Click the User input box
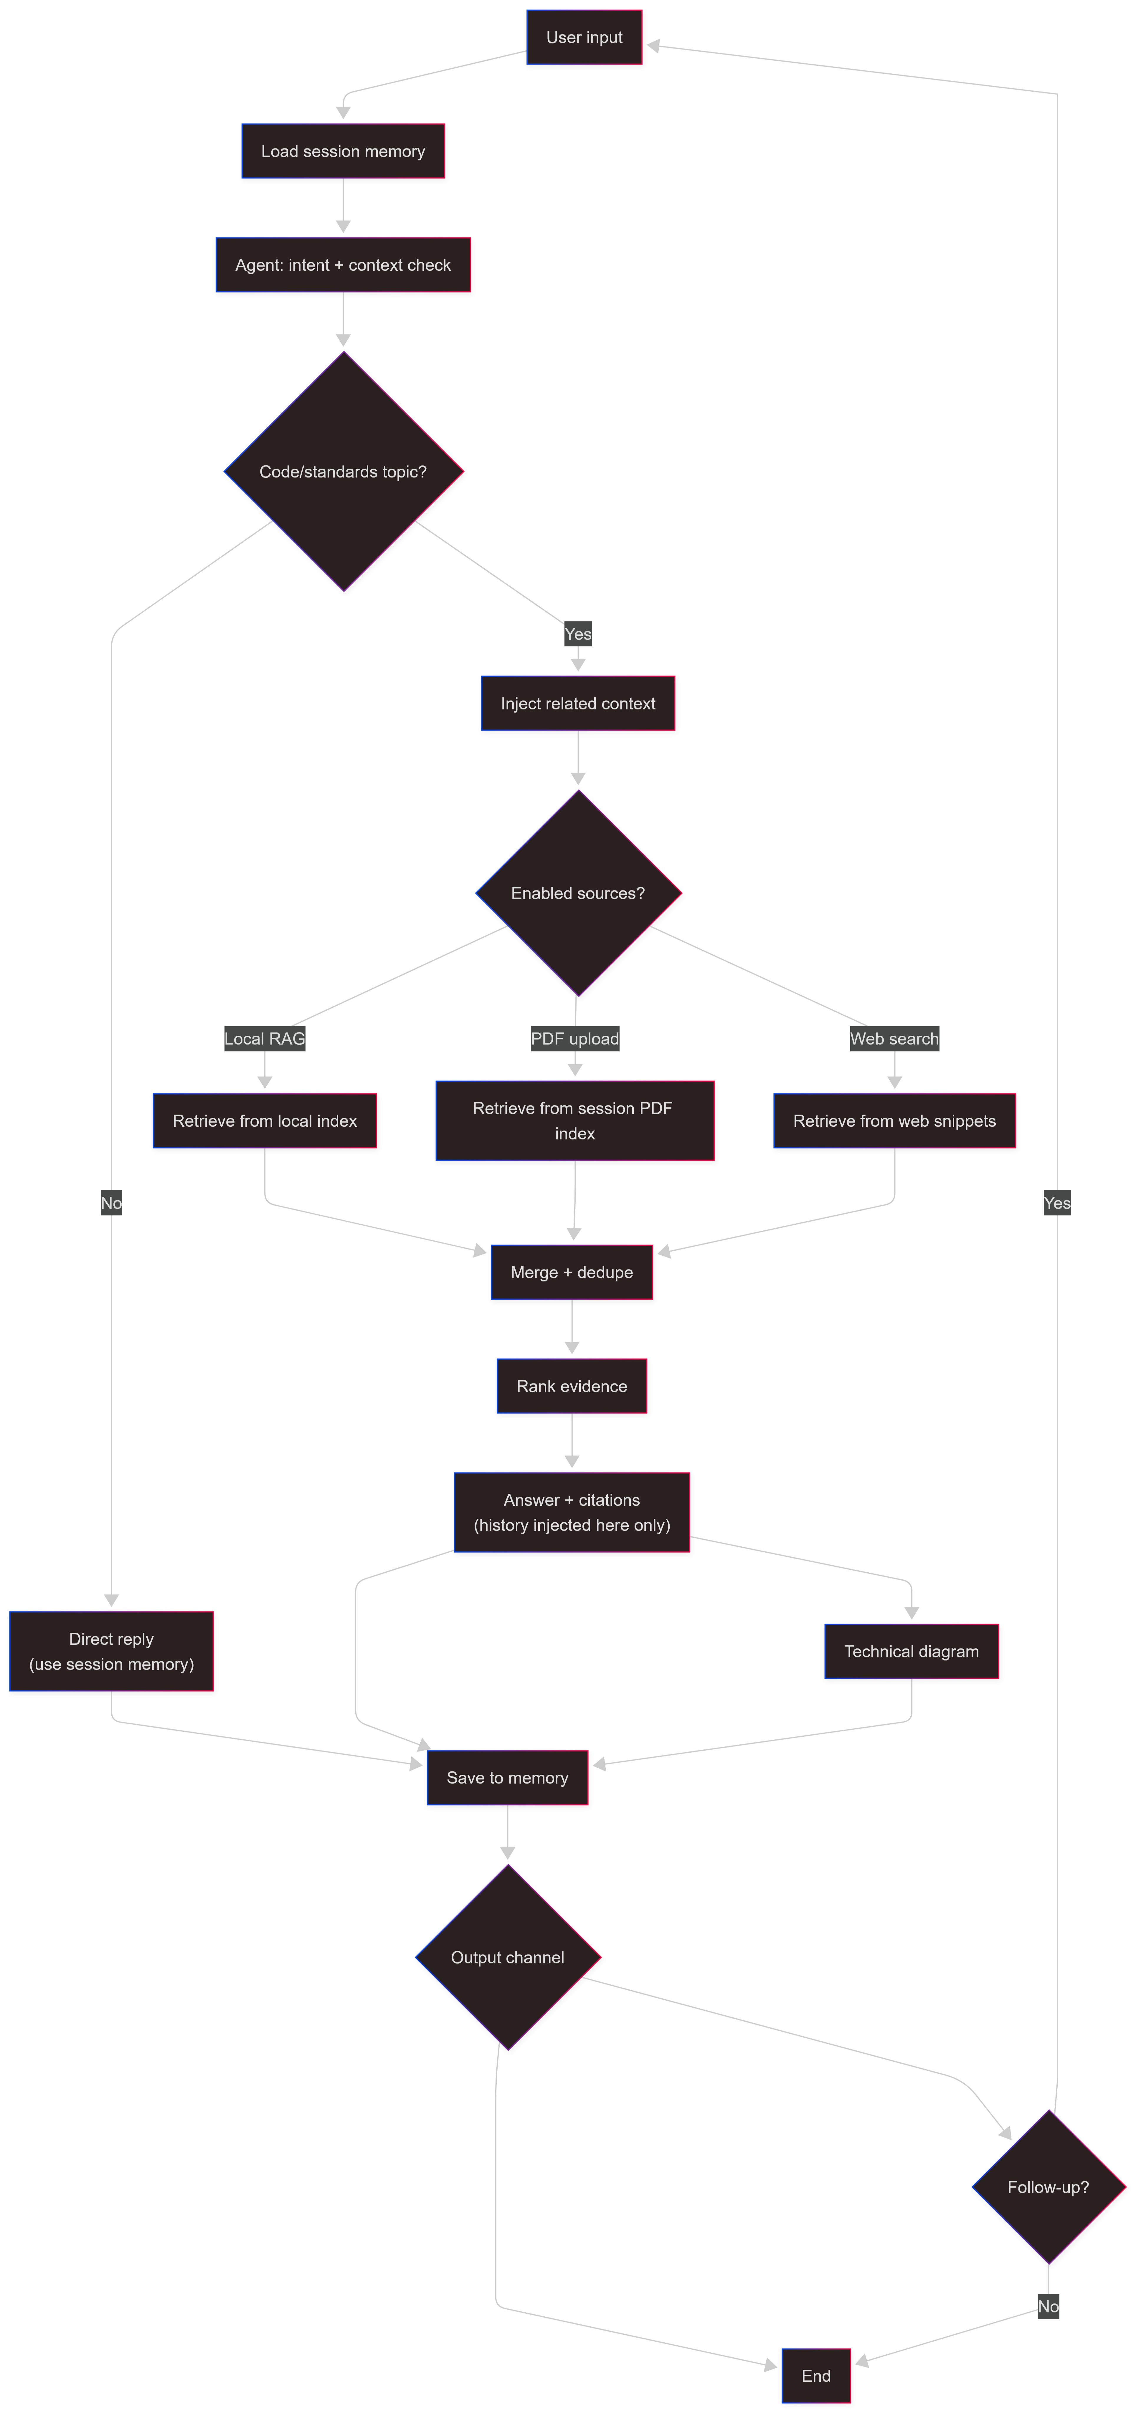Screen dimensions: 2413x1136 [584, 38]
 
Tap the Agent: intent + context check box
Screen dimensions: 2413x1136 [344, 266]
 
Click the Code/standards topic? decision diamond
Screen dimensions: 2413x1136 [344, 472]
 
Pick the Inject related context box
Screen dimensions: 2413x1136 [578, 704]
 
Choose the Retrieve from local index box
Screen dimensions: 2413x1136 [265, 1121]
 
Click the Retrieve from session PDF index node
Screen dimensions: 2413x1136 [575, 1121]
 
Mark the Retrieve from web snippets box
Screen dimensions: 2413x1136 [894, 1121]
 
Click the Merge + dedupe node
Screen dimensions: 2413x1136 [572, 1273]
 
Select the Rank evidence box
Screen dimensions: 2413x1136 [572, 1386]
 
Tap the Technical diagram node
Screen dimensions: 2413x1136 [912, 1652]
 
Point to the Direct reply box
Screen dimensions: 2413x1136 [111, 1652]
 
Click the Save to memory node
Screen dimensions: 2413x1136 [508, 1778]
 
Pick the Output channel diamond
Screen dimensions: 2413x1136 [508, 1958]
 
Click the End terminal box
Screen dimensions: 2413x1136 [817, 2376]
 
